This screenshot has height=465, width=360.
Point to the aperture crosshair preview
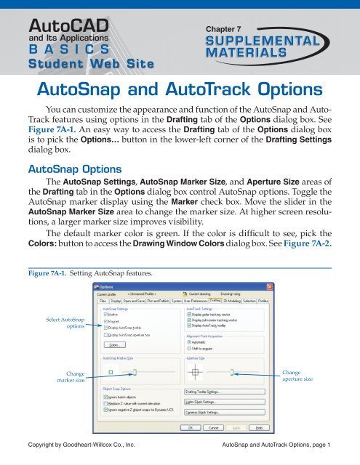(x=194, y=372)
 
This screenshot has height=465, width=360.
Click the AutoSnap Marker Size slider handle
(x=135, y=371)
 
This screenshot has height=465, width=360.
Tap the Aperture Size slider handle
(x=232, y=372)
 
